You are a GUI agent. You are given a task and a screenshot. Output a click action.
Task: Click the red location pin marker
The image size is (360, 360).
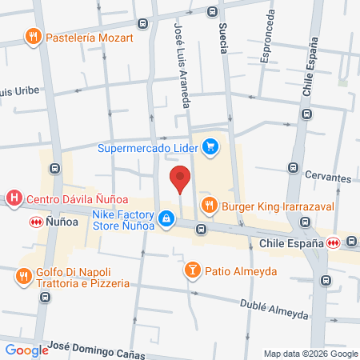pos(181,178)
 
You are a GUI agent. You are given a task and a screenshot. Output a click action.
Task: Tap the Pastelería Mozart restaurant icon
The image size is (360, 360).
pos(33,36)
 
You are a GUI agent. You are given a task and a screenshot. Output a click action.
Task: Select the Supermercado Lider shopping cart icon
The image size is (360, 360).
pos(210,146)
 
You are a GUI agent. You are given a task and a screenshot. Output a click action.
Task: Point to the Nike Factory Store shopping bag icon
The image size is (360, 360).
pos(166,218)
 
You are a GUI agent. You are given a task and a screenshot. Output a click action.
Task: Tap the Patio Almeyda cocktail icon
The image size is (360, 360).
pos(192,270)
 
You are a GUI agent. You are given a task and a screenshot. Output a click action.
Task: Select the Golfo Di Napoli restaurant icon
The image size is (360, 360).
pos(22,278)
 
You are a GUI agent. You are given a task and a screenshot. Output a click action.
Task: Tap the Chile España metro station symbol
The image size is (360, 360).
pos(332,242)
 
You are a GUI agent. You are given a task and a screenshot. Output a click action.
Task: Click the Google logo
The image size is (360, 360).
pos(26,350)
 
